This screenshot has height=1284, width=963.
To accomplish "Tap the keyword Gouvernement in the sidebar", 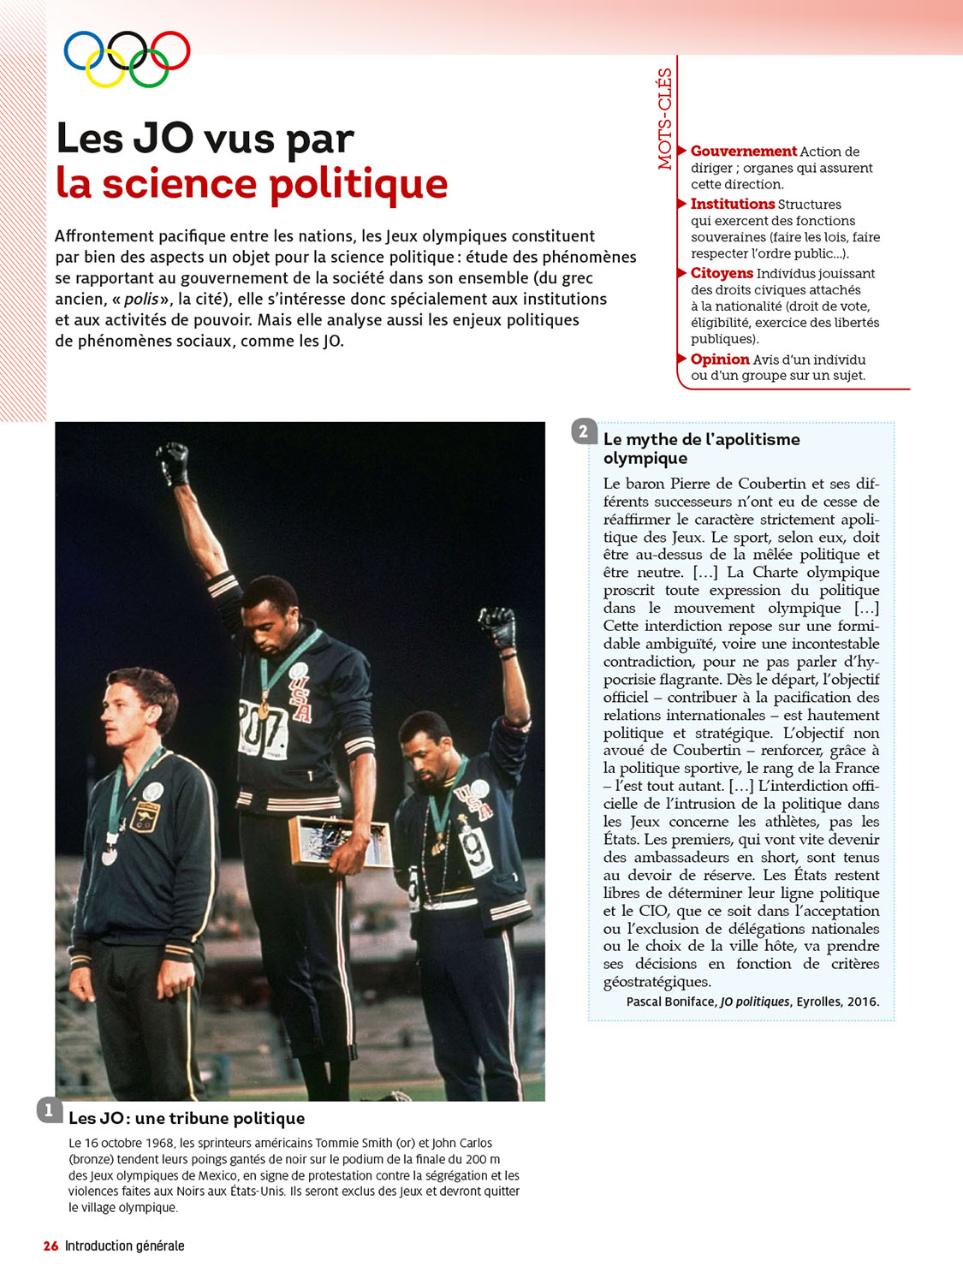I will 743,152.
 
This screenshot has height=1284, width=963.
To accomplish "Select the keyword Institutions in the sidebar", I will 732,204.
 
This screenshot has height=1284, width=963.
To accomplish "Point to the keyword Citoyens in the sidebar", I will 722,273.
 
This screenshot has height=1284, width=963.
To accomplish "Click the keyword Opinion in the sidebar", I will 720,360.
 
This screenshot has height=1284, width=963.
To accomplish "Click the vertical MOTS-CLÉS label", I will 665,119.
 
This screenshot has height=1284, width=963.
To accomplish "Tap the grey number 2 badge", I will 584,431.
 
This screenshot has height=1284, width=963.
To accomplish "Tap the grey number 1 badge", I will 49,1110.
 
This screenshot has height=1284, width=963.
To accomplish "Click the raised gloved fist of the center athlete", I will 175,463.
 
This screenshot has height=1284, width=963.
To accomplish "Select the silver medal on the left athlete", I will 110,855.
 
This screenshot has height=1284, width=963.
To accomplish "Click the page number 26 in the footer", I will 51,1245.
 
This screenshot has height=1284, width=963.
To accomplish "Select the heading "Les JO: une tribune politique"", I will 187,1118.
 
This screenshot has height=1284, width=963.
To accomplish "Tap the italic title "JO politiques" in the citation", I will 755,1002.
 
